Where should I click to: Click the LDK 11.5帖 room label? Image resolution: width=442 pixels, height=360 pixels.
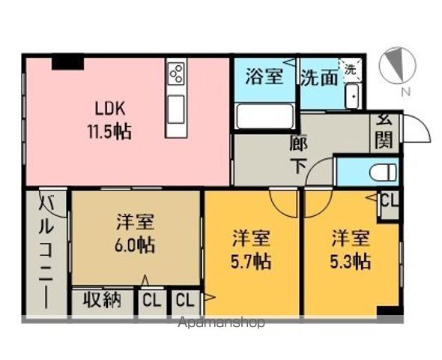[x=109, y=121]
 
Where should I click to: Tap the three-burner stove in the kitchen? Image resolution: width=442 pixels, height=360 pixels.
[x=176, y=73]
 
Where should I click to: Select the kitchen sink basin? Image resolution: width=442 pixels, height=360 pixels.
[x=176, y=109]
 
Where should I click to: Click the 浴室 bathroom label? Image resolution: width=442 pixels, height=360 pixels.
[x=264, y=76]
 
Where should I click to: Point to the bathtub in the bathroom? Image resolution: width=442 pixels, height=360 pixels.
[x=264, y=116]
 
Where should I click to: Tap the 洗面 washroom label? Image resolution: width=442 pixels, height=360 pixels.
[x=319, y=77]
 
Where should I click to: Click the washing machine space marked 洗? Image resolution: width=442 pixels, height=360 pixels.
[x=351, y=70]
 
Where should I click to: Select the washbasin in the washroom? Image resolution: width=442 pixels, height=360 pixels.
[x=353, y=96]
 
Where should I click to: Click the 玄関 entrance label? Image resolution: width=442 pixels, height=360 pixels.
[x=384, y=131]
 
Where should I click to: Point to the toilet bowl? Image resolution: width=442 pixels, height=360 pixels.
[x=383, y=172]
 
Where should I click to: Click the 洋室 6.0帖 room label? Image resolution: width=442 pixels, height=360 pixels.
[x=135, y=234]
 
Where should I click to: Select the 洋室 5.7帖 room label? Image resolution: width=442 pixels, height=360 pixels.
[x=251, y=250]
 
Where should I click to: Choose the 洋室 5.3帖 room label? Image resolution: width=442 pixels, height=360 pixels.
[x=351, y=250]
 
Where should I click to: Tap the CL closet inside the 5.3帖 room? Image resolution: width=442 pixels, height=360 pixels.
[x=390, y=201]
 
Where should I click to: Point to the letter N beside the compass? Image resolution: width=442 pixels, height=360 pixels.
[x=405, y=92]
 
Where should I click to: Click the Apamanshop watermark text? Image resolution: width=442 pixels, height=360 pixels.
[x=221, y=322]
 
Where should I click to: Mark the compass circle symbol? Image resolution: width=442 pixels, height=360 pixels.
[x=397, y=66]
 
